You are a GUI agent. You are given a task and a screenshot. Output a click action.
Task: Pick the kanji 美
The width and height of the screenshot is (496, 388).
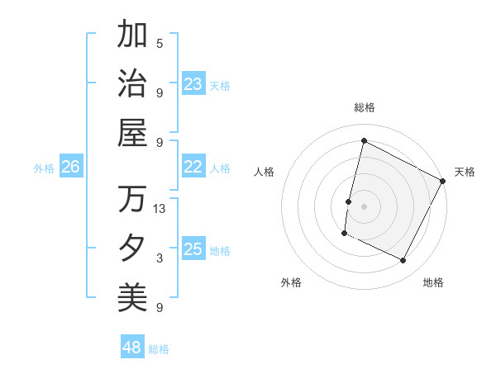(x=132, y=296)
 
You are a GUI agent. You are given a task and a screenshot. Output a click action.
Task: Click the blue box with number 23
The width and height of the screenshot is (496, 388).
(x=193, y=83)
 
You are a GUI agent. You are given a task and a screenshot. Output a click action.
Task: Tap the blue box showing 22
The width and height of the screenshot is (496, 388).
(x=193, y=167)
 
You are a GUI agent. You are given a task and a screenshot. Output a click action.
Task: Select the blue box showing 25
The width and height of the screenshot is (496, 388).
(x=193, y=249)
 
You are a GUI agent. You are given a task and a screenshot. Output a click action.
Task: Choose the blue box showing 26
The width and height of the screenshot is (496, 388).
(x=70, y=167)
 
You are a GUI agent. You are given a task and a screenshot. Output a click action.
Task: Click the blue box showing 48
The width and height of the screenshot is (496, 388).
(x=132, y=348)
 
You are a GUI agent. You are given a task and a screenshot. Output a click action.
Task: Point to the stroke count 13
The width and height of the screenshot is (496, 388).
(x=160, y=208)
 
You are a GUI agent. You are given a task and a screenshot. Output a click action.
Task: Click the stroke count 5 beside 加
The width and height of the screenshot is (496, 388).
(x=160, y=43)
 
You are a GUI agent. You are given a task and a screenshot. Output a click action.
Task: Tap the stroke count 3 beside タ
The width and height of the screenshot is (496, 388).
(x=160, y=258)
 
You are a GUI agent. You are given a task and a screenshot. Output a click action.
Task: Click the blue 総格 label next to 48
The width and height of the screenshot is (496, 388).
(x=159, y=349)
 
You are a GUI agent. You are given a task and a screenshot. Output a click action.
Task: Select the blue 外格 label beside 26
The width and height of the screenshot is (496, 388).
(x=44, y=168)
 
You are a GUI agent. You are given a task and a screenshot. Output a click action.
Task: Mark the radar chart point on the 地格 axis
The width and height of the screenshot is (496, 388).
(x=403, y=261)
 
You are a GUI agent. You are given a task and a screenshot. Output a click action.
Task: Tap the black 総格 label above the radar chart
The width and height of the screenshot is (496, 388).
(x=365, y=107)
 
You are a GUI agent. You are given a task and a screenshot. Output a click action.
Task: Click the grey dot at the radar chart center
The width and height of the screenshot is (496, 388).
(x=364, y=206)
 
